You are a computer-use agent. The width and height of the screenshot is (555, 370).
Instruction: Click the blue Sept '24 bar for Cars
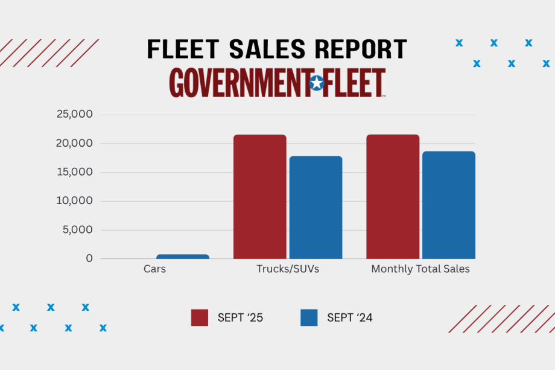pos(183,257)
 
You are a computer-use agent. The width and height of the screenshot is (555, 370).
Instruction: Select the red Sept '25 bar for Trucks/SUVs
pos(260,197)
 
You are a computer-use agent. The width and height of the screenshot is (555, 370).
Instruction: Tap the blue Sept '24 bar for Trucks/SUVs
pos(316,208)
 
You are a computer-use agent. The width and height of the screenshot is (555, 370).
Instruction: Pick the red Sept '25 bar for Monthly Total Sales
pos(393,197)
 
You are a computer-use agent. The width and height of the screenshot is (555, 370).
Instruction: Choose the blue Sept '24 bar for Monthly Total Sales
pos(448,205)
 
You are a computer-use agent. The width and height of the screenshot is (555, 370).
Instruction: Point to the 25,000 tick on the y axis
pos(74,114)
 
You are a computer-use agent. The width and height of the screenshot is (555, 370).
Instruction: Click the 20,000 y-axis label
pos(74,143)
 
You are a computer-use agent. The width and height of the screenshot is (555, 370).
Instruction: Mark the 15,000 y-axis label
pos(74,172)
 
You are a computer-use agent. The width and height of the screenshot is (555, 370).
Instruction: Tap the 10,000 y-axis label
pos(74,201)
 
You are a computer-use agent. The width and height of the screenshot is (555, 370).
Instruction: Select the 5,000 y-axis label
pos(77,229)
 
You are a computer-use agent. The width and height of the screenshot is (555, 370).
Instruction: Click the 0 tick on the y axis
pos(89,258)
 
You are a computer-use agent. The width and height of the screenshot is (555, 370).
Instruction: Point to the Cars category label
pos(154,269)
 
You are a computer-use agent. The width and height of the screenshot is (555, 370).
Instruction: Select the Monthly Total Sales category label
pos(420,269)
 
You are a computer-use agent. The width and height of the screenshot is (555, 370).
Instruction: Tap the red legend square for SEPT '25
pos(200,317)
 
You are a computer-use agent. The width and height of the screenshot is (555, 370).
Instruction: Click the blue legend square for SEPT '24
pos(309,317)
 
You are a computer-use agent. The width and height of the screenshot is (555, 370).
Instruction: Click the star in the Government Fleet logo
pos(317,83)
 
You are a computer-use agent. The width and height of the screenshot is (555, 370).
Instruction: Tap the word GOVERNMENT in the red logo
pos(238,83)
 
